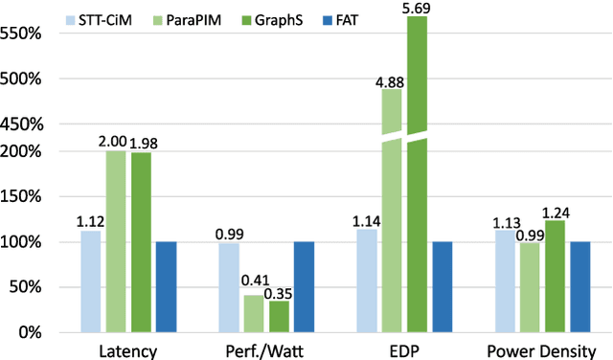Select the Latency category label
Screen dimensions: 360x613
click(x=127, y=349)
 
